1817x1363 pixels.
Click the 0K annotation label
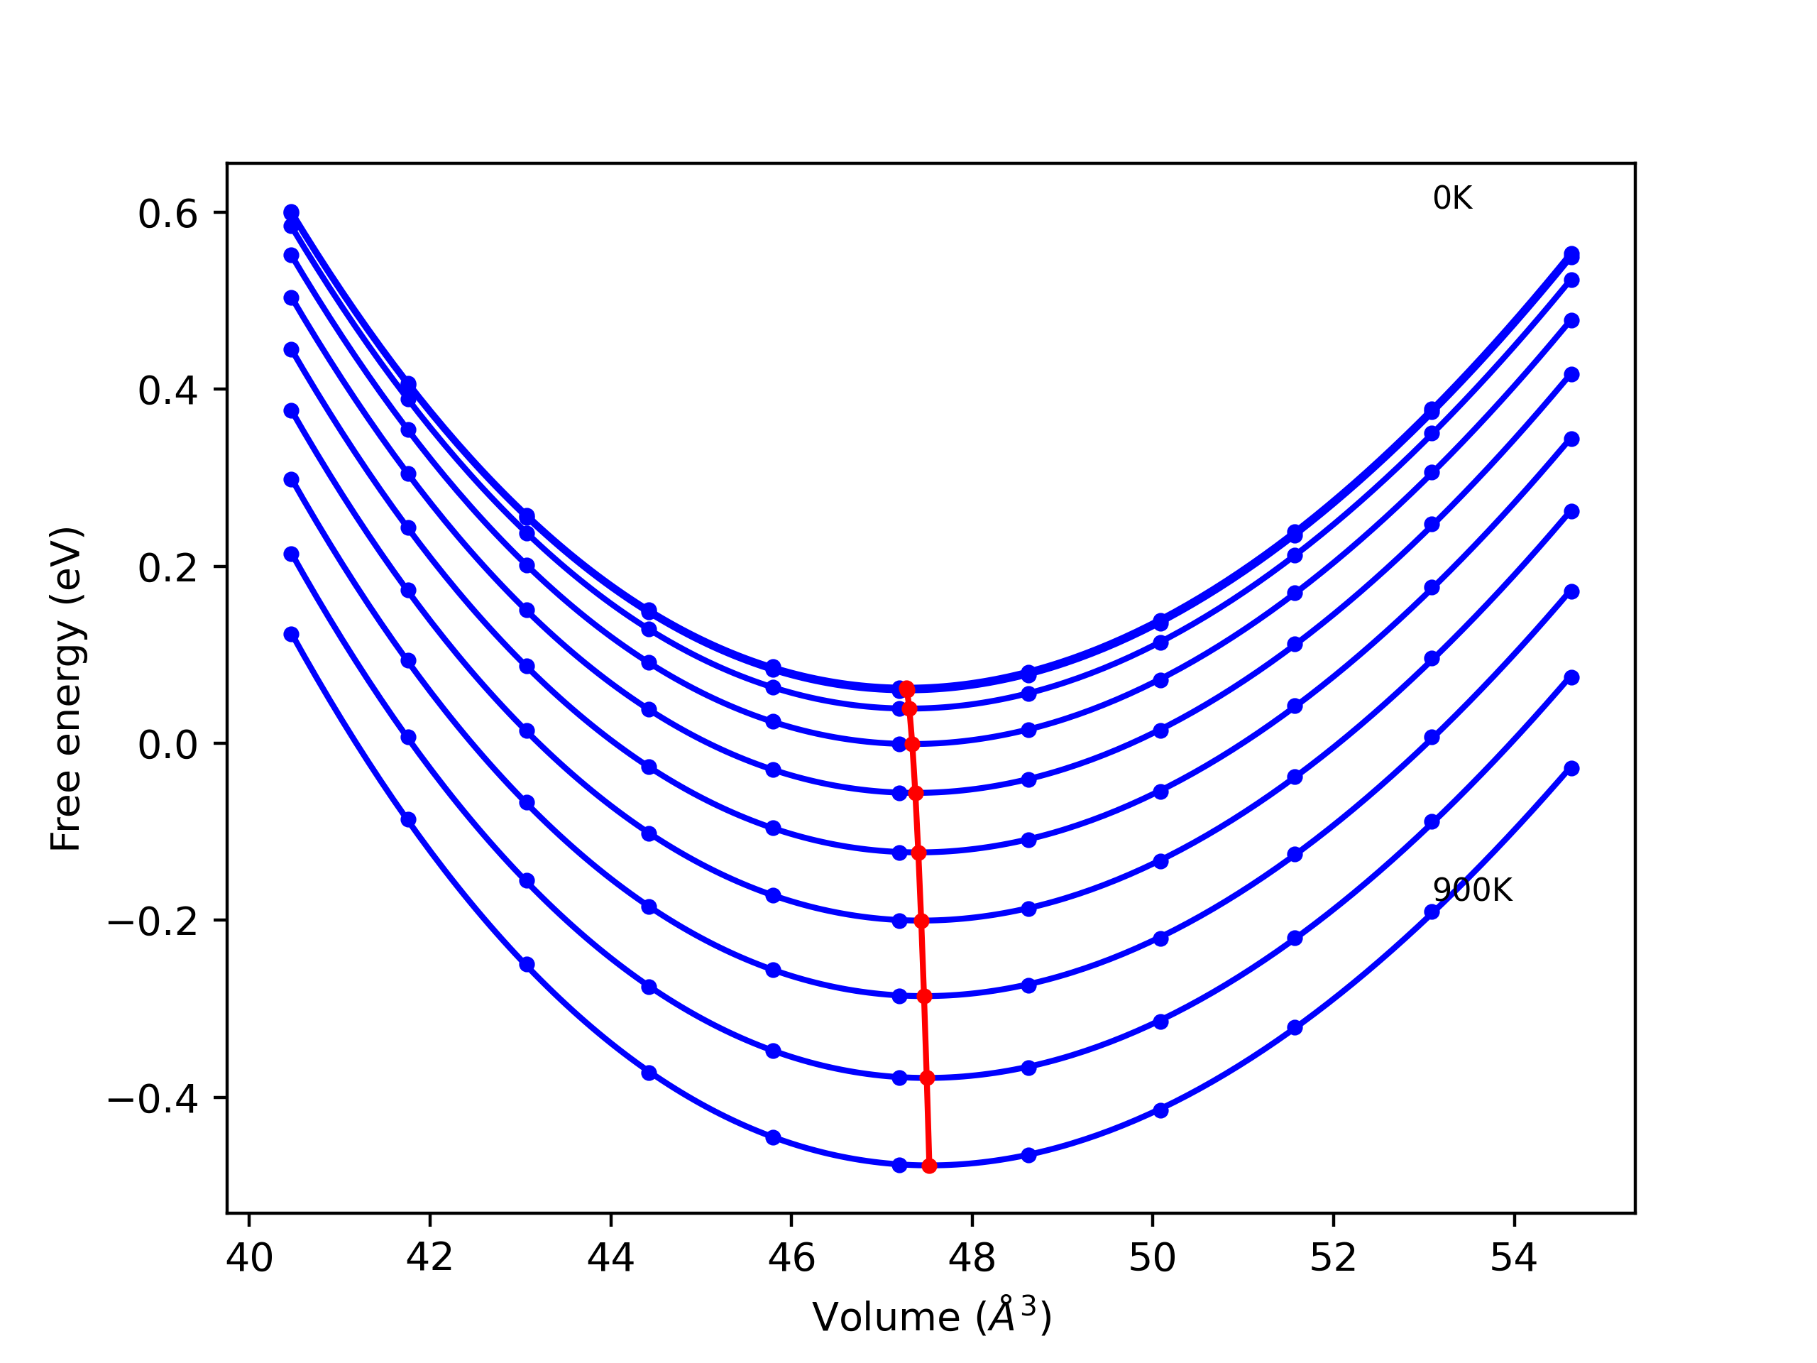click(x=1452, y=199)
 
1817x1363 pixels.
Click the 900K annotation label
click(x=1472, y=891)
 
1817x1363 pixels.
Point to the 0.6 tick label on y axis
click(x=168, y=214)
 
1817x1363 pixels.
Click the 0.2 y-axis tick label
click(x=168, y=569)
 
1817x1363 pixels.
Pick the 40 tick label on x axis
click(x=249, y=1259)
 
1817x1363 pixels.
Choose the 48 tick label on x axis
click(x=972, y=1259)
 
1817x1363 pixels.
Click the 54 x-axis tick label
click(x=1514, y=1259)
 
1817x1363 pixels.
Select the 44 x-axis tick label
click(x=610, y=1259)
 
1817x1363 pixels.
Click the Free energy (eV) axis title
click(x=66, y=689)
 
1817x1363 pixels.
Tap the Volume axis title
click(x=931, y=1318)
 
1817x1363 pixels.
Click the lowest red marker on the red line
click(x=929, y=1166)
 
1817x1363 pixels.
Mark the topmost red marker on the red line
click(x=907, y=689)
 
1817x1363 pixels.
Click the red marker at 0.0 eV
click(x=912, y=745)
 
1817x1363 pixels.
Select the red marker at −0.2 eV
click(x=922, y=921)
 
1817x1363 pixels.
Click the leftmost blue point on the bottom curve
click(x=292, y=634)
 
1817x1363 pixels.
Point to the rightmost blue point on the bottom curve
click(x=1571, y=768)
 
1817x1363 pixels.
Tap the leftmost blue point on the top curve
click(x=292, y=212)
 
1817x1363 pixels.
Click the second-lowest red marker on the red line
click(x=928, y=1078)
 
